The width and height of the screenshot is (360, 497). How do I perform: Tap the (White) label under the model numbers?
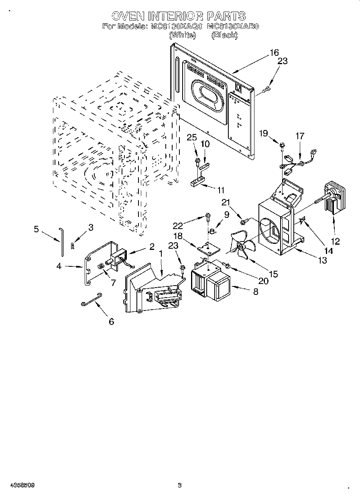click(x=183, y=35)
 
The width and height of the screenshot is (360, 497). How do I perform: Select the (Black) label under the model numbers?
click(x=224, y=35)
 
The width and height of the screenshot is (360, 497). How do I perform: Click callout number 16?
click(x=274, y=53)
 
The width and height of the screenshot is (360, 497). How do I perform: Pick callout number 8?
click(x=256, y=292)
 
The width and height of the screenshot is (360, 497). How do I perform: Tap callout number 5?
click(x=37, y=229)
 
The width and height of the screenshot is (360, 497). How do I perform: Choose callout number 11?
click(x=220, y=190)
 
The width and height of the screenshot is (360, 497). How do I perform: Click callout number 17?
click(x=300, y=136)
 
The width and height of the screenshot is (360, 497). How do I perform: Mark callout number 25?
click(x=192, y=138)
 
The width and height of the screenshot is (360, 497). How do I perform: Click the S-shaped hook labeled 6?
click(x=91, y=300)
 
